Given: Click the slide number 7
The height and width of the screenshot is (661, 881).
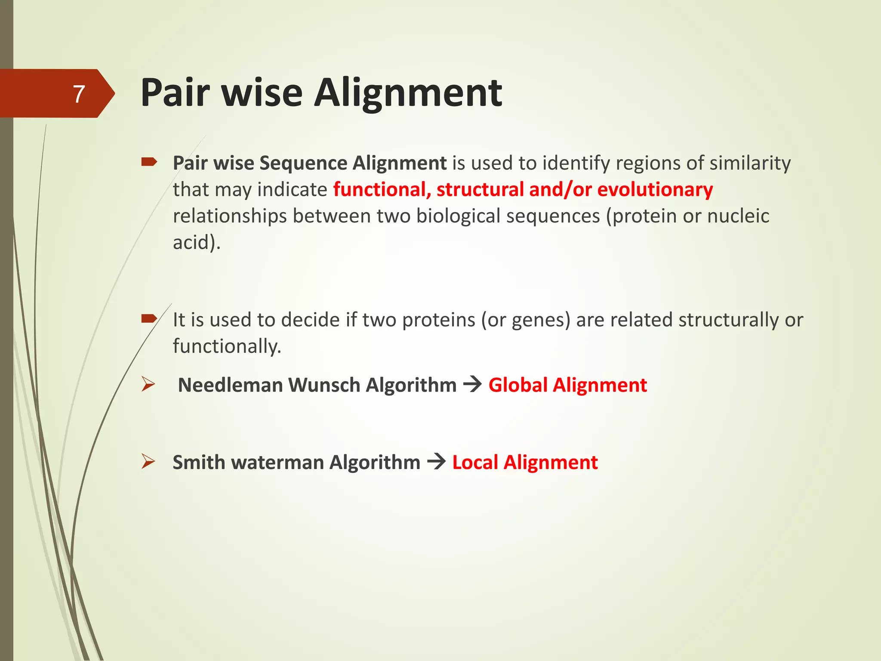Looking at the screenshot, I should (x=79, y=94).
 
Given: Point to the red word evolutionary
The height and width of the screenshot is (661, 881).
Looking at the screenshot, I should (x=655, y=190).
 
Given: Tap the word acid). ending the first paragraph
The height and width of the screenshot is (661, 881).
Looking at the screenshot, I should (x=197, y=242).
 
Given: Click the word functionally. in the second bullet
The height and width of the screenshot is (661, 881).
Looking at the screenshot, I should (x=227, y=346).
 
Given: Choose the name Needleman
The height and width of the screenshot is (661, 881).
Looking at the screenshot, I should (x=230, y=385).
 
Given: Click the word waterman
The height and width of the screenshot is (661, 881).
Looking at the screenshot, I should (x=277, y=463).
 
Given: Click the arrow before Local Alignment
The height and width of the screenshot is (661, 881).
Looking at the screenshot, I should (x=436, y=462).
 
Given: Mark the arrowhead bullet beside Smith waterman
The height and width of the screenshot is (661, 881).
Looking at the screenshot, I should (x=148, y=462).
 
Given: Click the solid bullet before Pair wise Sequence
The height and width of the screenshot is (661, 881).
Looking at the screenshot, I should (x=149, y=162).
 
